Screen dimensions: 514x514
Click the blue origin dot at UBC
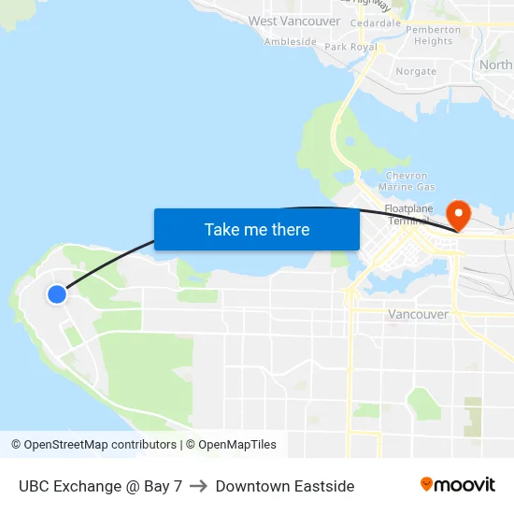[x=57, y=294]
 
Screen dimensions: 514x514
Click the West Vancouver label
[x=294, y=21]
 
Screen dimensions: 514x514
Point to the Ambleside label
[x=290, y=42]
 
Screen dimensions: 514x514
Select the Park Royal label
[x=350, y=47]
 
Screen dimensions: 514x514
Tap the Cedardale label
[x=374, y=22]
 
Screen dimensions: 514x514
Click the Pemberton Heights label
[x=434, y=36]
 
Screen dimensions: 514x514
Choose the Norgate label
[x=416, y=71]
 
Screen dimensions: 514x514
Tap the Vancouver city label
[x=418, y=315]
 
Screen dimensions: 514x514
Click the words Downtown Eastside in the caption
[x=285, y=486]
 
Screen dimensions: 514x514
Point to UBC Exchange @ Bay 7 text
[x=100, y=486]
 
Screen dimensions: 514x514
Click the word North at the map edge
[x=495, y=65]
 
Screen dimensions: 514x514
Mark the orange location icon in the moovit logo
[x=426, y=484]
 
